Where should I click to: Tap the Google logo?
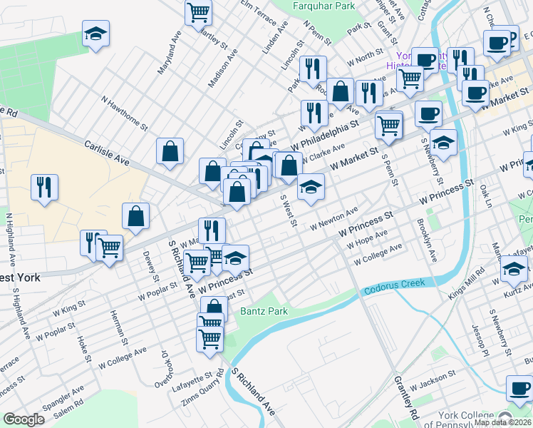pos(24,419)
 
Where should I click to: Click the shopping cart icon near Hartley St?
pos(199,11)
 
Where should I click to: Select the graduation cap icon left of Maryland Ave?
pos(95,34)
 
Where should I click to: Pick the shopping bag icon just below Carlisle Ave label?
pos(170,151)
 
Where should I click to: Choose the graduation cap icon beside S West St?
pos(310,187)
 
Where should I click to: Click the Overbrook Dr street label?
pos(168,369)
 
